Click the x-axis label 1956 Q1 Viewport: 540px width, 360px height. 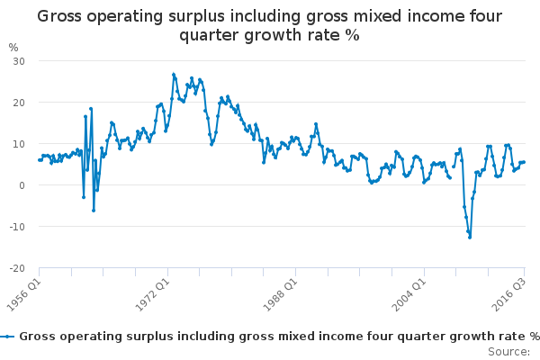[x=25, y=292]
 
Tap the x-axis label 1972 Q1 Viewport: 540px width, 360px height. [x=149, y=292]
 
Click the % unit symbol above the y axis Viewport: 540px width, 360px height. [x=13, y=47]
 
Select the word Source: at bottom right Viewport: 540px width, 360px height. [x=508, y=351]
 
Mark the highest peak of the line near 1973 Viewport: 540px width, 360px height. [x=174, y=75]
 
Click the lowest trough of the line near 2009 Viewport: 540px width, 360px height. [x=469, y=237]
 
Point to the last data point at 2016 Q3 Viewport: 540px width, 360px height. [x=524, y=162]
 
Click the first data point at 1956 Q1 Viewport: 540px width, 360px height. [x=39, y=160]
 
